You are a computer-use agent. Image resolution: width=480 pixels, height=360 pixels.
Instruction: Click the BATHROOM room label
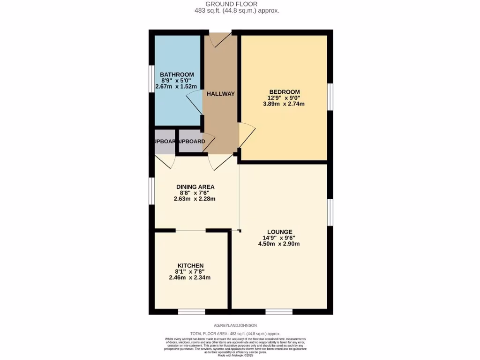(x=177, y=75)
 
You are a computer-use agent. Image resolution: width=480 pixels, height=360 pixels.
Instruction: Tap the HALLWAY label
(x=221, y=94)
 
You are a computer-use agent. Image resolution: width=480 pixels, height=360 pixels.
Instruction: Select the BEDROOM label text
(x=284, y=92)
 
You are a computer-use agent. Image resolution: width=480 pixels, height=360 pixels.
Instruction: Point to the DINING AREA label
(x=195, y=187)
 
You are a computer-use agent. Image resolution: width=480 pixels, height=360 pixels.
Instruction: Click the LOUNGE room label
(x=280, y=232)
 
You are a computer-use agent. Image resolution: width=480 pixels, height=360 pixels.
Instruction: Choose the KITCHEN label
(x=190, y=266)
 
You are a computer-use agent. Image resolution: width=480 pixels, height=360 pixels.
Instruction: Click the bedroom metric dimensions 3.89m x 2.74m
(x=284, y=104)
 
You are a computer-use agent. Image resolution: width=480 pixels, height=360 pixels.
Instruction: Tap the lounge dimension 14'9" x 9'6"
(x=280, y=238)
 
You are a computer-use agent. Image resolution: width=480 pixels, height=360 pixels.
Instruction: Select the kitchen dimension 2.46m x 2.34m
(x=190, y=277)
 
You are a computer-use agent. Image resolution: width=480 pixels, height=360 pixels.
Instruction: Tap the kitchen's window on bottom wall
(x=191, y=311)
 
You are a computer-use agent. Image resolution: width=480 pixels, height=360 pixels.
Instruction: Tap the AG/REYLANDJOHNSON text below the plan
(x=235, y=325)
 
